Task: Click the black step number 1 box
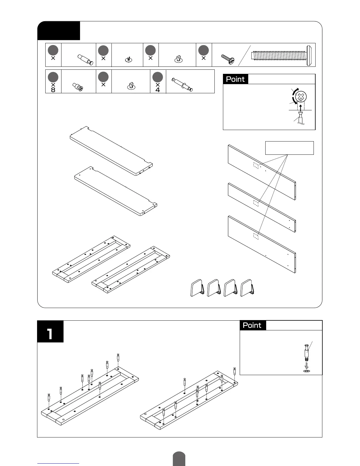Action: point(50,332)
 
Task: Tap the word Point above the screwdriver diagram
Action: point(235,79)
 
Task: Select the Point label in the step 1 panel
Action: point(252,325)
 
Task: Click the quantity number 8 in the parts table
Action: point(53,90)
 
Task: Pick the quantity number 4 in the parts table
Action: point(158,90)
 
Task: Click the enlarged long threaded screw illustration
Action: point(282,55)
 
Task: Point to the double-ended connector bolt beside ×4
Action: point(183,84)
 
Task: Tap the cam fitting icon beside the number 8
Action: point(78,86)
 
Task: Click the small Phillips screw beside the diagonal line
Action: point(228,59)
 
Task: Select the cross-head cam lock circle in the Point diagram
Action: point(301,96)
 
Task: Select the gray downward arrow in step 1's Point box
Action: point(307,366)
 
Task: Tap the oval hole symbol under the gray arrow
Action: point(307,371)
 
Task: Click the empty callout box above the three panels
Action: point(289,148)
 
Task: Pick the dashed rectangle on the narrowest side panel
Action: point(256,203)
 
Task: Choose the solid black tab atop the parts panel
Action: point(59,30)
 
